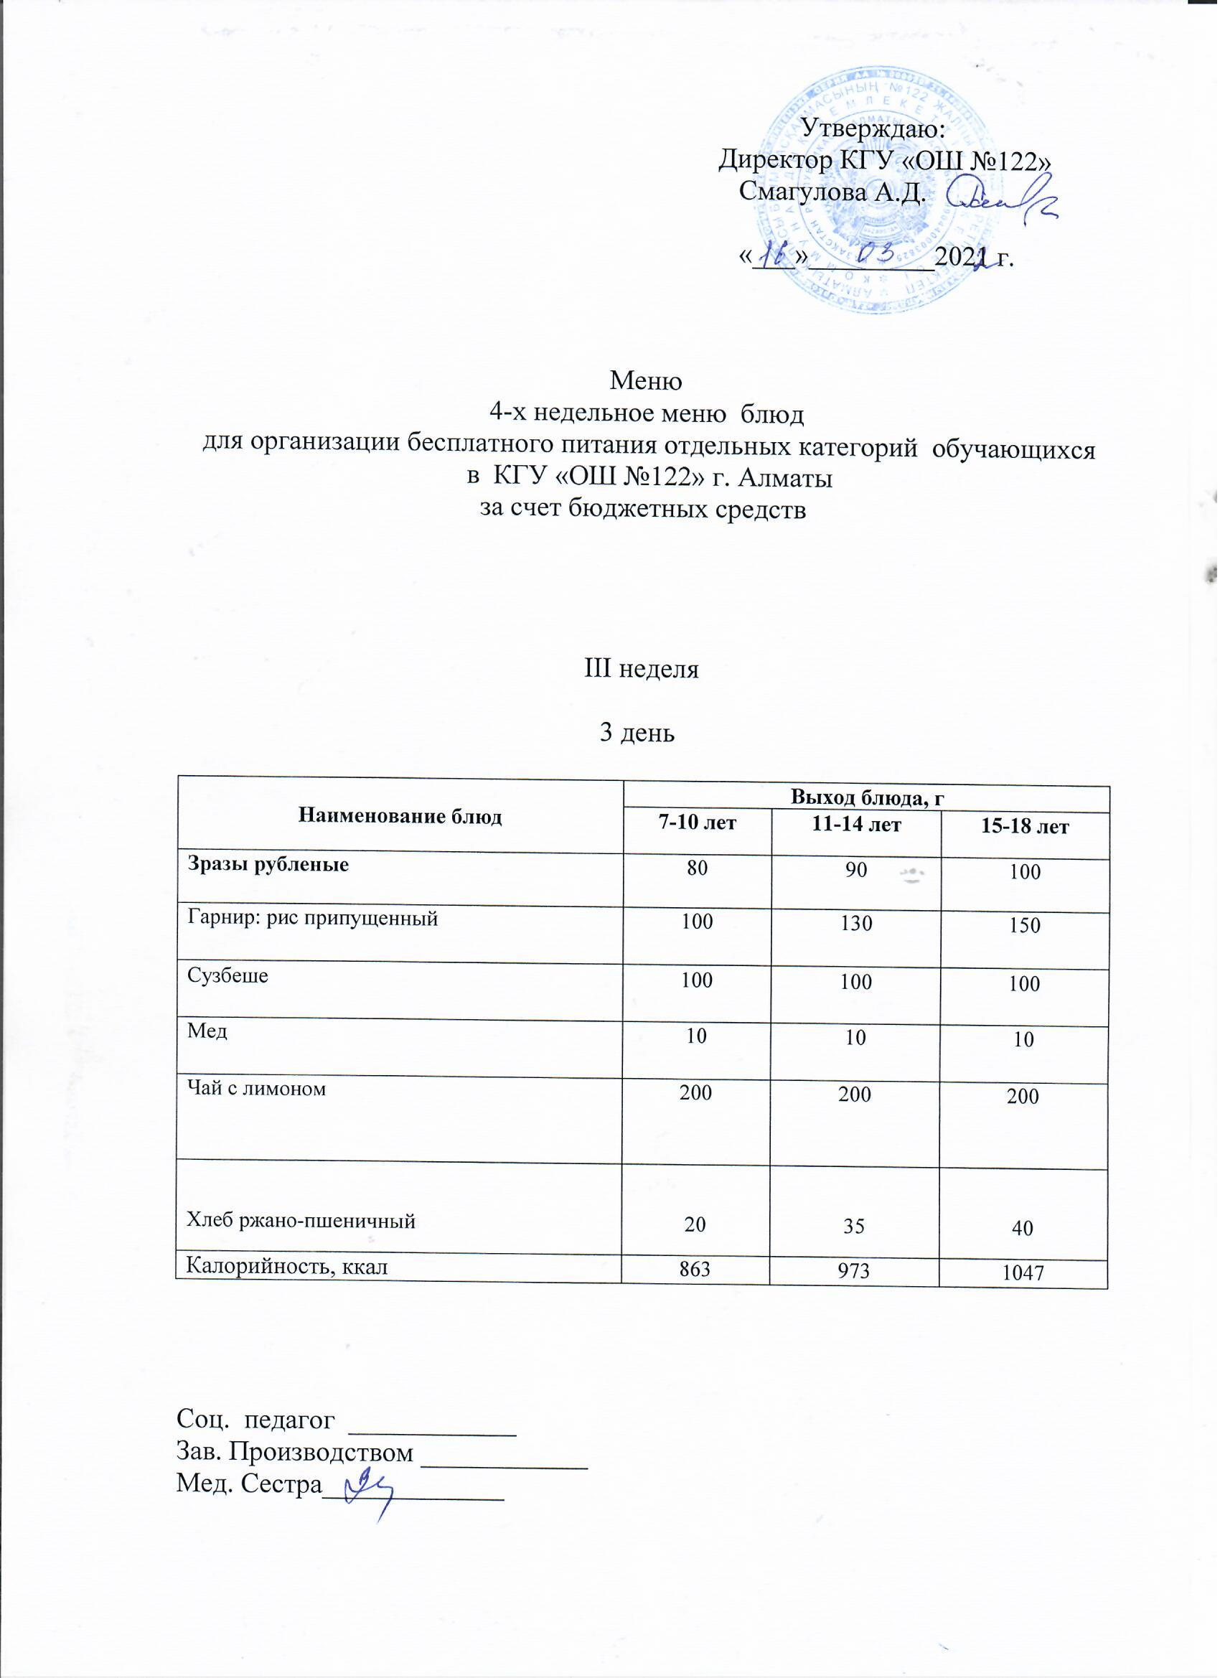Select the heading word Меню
click(645, 381)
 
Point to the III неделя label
click(642, 669)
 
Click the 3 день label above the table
click(637, 733)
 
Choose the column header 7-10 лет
click(698, 822)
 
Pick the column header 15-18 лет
click(1025, 825)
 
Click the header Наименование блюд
click(400, 816)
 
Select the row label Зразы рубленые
click(268, 863)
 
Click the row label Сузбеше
click(228, 975)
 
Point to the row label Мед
click(207, 1031)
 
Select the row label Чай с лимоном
click(256, 1088)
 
